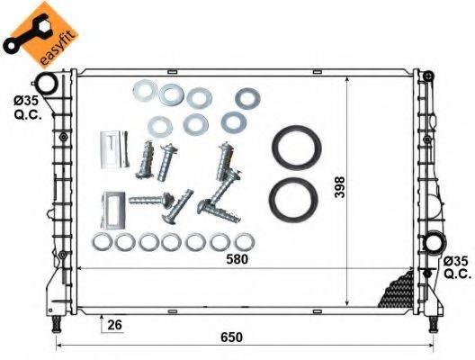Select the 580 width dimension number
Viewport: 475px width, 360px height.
[237, 259]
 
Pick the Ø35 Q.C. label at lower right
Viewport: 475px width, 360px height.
[456, 268]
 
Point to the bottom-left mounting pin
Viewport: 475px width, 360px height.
[58, 321]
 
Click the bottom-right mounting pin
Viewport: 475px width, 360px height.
[432, 321]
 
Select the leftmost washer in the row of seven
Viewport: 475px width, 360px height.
[102, 242]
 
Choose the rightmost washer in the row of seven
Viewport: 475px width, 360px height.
[243, 242]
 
